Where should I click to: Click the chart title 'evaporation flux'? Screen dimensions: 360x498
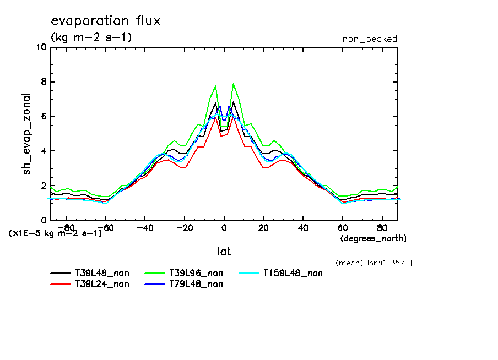105,21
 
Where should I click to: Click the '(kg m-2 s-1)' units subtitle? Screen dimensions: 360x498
91,37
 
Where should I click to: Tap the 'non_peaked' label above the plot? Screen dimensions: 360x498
369,39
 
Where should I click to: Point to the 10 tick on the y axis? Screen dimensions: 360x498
41,47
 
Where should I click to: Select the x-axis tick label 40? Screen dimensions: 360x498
302,227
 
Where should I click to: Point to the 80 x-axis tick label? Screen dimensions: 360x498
381,227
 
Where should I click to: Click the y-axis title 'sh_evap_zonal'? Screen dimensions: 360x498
26,134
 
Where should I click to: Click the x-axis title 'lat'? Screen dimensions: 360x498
224,252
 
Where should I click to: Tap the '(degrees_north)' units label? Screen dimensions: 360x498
373,238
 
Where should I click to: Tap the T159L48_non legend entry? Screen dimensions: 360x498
293,273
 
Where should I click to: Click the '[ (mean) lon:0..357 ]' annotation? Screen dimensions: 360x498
370,263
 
